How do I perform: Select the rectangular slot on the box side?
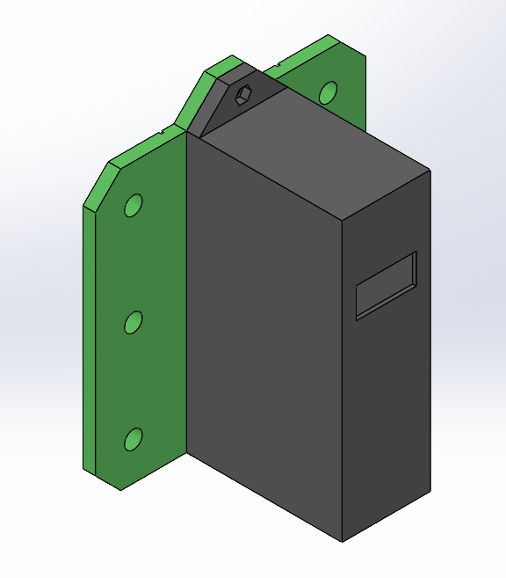pos(386,285)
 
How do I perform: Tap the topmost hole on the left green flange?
pos(133,206)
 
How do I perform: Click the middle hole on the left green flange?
pos(133,323)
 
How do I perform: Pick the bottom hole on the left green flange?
pos(134,439)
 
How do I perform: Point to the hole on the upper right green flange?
pos(328,91)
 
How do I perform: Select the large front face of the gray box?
pos(264,334)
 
